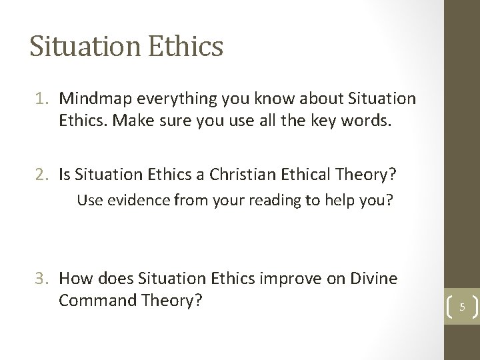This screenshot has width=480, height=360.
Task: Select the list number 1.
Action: pyautogui.click(x=41, y=99)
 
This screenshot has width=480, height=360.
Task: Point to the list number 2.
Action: pyautogui.click(x=41, y=175)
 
